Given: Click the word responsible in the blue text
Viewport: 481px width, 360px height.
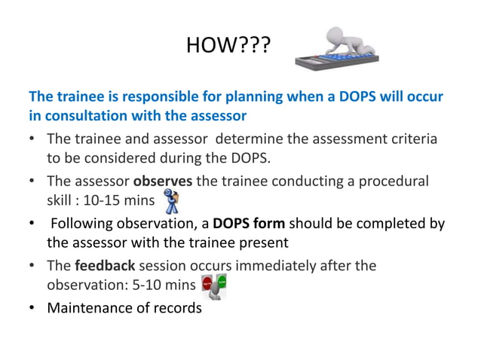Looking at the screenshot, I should [136, 98].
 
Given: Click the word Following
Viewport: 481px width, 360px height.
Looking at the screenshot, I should [81, 224].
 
